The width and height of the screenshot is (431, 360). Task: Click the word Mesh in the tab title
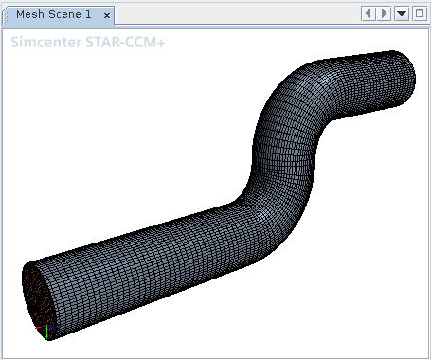30,14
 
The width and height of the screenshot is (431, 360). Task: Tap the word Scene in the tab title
64,14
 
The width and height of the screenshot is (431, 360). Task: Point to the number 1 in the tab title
88,14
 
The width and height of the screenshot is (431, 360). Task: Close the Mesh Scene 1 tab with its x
107,15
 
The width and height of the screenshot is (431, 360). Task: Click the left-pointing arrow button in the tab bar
368,13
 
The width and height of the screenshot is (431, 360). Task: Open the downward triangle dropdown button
402,13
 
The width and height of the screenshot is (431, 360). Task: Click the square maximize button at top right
420,13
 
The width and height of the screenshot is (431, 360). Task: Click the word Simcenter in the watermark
46,42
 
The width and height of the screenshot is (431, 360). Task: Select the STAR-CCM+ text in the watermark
125,42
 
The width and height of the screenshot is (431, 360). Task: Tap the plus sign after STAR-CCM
160,43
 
